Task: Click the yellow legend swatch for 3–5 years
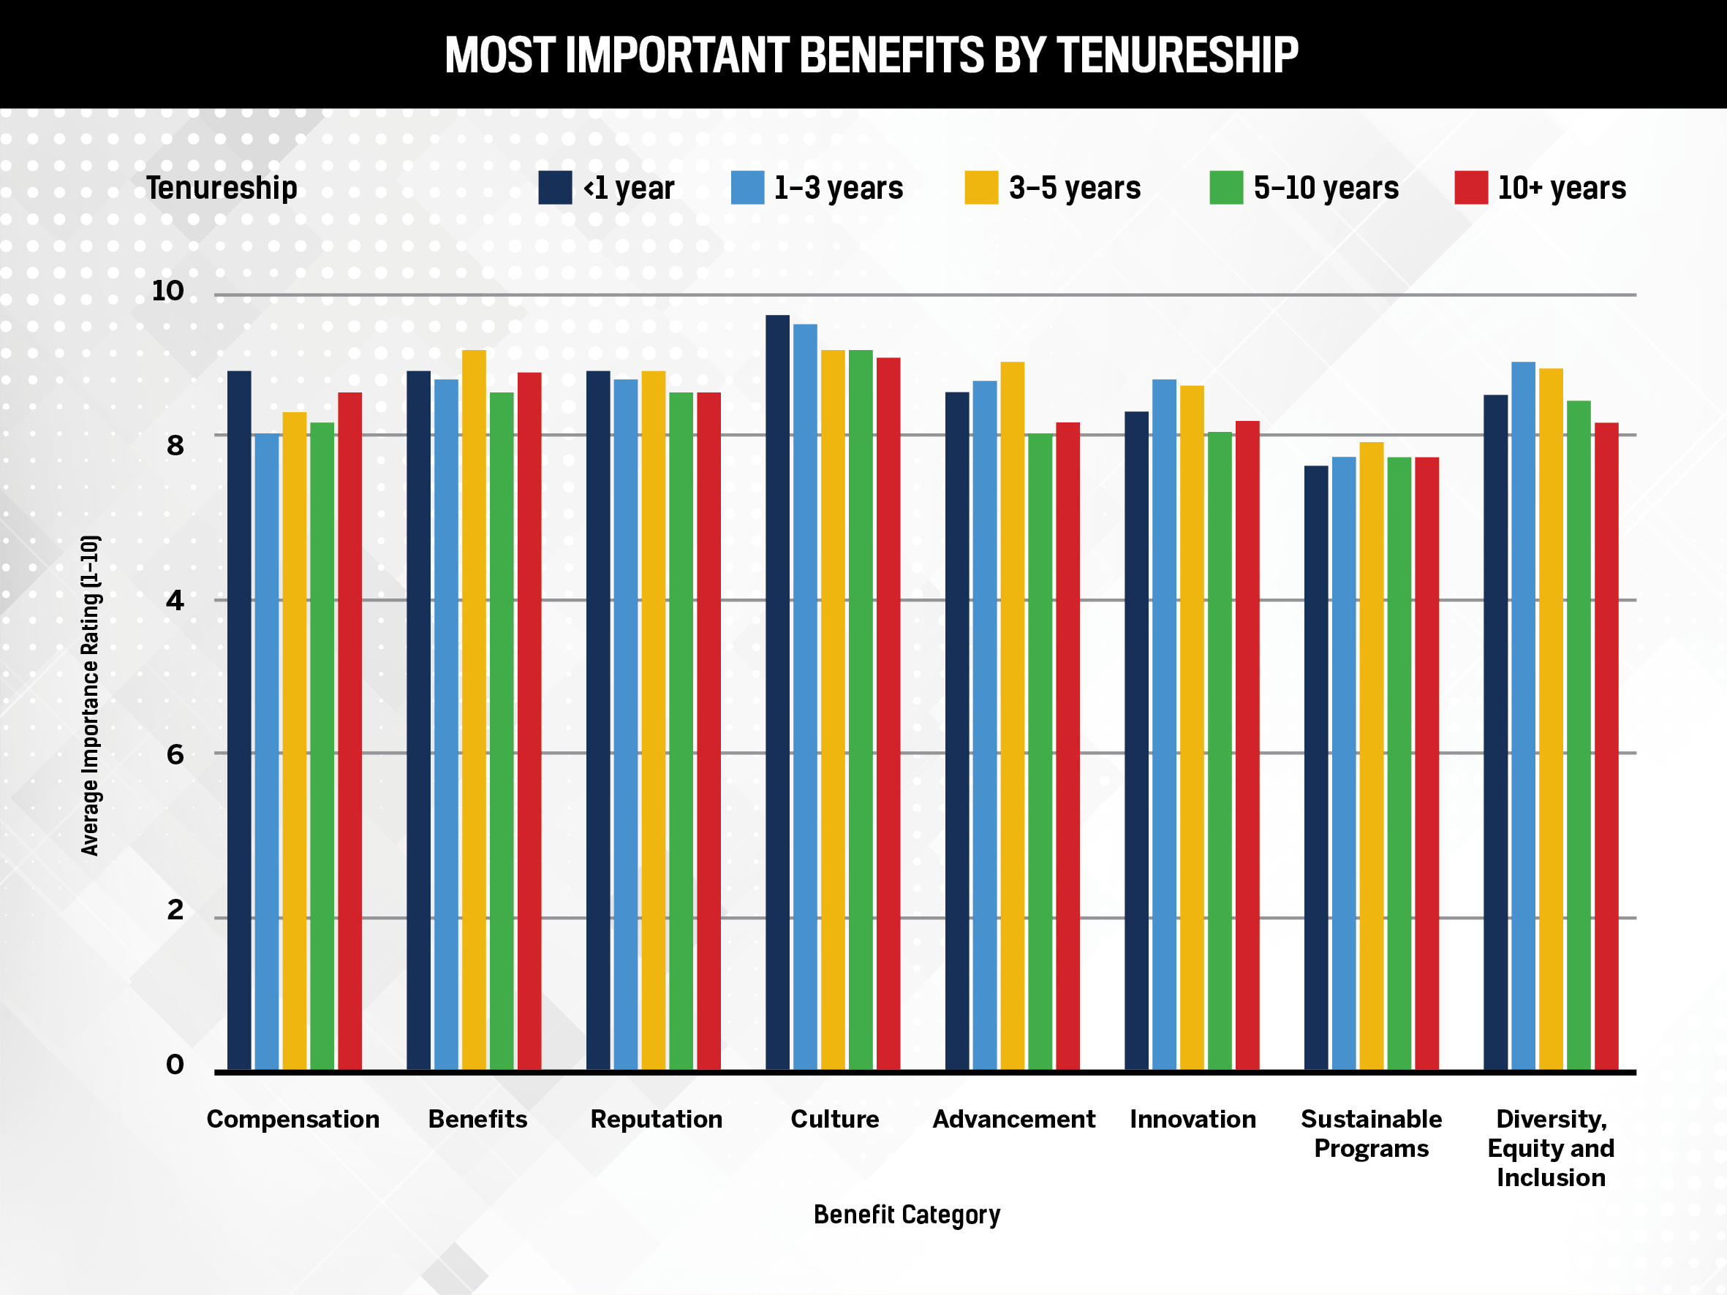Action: [x=980, y=187]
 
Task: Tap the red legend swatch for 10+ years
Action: [x=1471, y=187]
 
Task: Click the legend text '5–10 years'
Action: [x=1326, y=188]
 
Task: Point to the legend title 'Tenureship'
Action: [x=222, y=188]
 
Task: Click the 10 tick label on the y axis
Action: [x=168, y=291]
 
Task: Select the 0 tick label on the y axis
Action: [x=175, y=1064]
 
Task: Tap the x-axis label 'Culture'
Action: [x=834, y=1119]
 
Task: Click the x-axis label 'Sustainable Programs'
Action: [x=1371, y=1133]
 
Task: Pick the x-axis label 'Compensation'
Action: [x=292, y=1119]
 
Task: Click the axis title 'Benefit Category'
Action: [x=907, y=1215]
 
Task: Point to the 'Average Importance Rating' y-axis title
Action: [x=91, y=695]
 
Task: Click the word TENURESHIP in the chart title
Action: [x=1176, y=55]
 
